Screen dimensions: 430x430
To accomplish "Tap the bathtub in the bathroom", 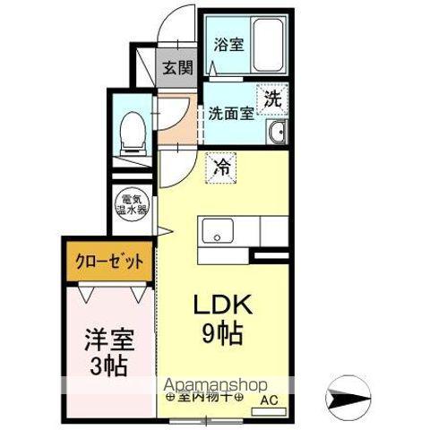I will (x=268, y=42).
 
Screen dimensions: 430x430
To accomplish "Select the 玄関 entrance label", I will (x=176, y=67).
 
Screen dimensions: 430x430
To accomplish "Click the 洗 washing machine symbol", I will (x=273, y=99).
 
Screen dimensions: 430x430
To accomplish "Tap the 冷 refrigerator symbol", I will (x=219, y=166).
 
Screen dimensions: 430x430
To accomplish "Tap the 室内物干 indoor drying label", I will (x=202, y=397).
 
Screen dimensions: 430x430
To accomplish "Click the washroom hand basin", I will (x=277, y=135).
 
